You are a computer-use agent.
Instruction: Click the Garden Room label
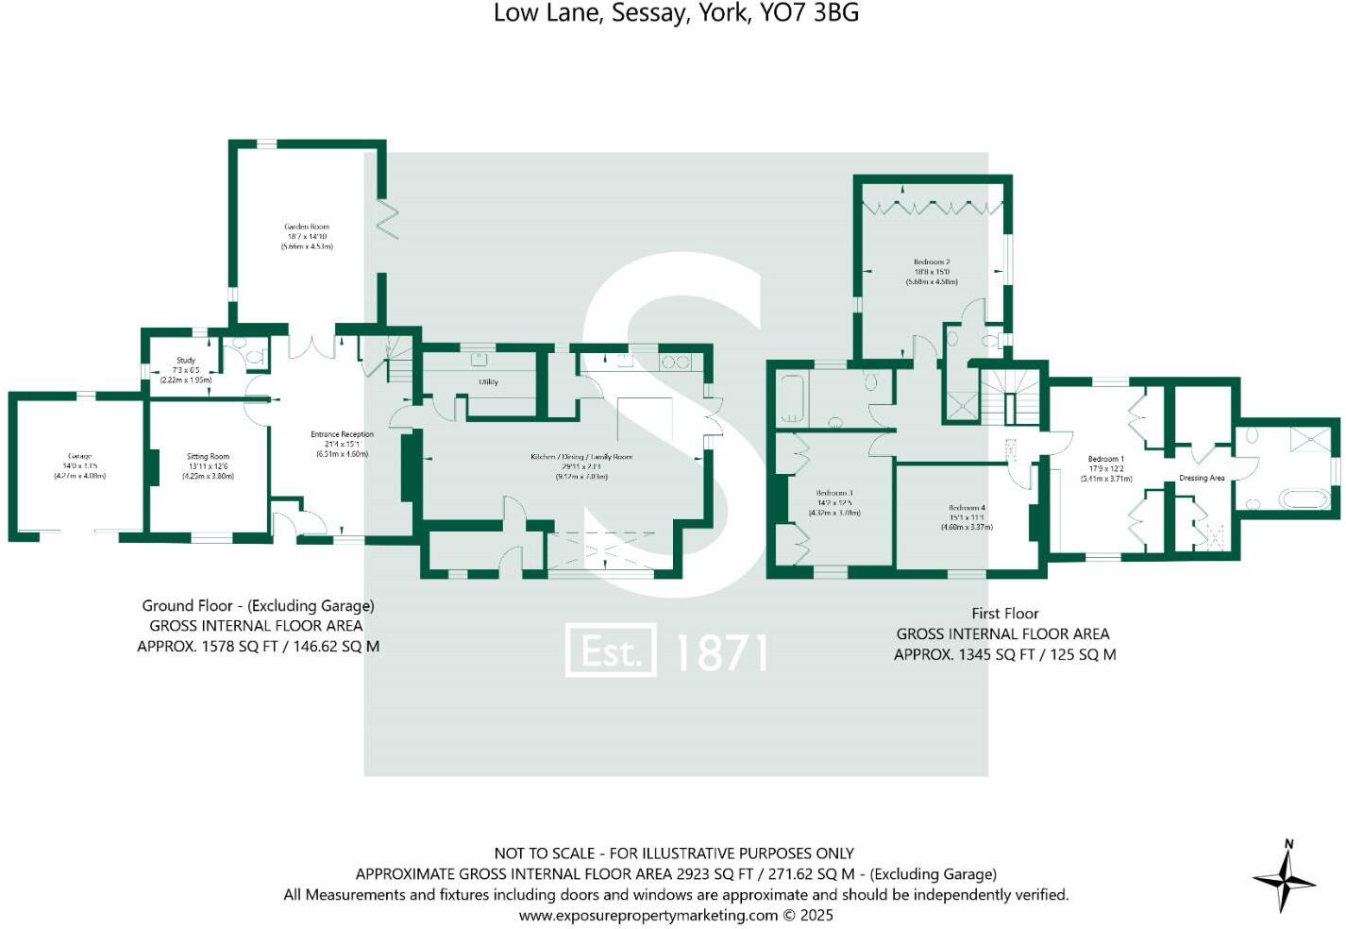[307, 227]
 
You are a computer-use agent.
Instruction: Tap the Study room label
[186, 361]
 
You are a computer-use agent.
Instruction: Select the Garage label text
[79, 457]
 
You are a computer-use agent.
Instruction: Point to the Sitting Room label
[208, 457]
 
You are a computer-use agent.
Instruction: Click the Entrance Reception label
[342, 435]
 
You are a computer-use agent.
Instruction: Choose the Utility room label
[488, 382]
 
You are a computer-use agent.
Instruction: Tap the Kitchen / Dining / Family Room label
[580, 457]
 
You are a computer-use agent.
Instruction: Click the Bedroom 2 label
[932, 262]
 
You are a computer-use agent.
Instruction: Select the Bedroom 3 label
[834, 494]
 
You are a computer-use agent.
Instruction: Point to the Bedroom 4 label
[967, 508]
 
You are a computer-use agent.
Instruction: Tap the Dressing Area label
[1202, 479]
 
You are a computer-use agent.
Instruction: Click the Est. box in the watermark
[610, 650]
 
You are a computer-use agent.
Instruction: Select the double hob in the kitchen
[676, 362]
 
